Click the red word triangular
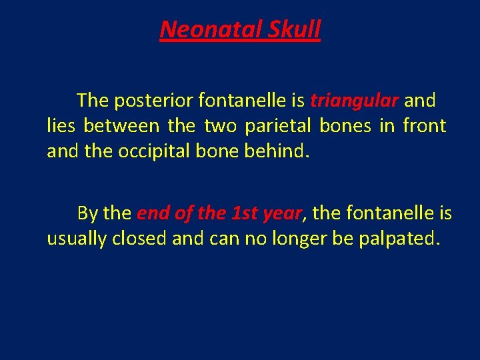point(355,101)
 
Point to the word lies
point(61,125)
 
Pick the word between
point(121,125)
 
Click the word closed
point(141,238)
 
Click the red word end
point(152,213)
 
